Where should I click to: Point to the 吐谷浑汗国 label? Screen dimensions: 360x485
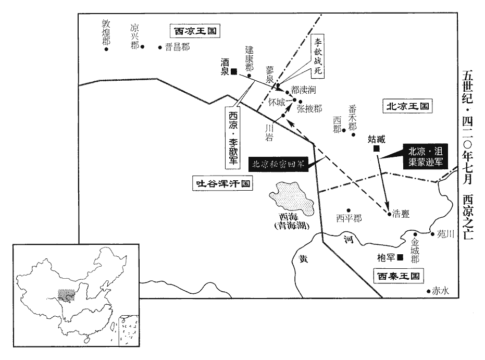coord(221,183)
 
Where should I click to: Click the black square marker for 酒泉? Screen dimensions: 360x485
coord(234,71)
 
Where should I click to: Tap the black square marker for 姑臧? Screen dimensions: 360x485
coord(376,150)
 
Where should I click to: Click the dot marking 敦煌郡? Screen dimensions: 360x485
coord(106,50)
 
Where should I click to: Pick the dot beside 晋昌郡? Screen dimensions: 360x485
coord(160,47)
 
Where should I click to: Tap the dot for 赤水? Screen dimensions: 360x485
coord(428,291)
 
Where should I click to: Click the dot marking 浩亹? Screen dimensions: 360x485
coord(389,213)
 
